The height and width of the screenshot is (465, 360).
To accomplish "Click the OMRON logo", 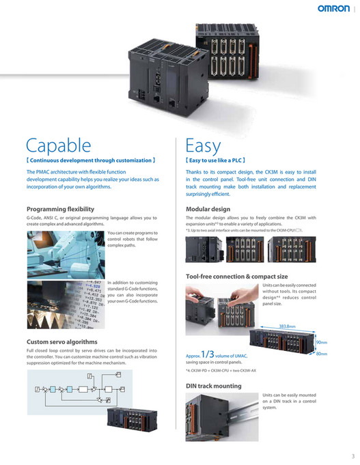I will point(335,10).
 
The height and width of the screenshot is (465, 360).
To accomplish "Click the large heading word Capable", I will point(57,145).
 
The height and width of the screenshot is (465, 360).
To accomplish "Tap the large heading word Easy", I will point(204,145).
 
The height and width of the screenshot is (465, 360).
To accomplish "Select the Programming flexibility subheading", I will point(60,208).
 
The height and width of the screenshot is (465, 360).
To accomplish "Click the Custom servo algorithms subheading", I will point(61,341).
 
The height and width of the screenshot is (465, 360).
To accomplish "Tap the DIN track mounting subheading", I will point(214,386).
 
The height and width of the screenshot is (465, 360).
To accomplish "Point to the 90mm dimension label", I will point(321,342).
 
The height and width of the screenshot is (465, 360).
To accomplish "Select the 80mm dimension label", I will point(321,354).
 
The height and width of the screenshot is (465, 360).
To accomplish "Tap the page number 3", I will point(352,455).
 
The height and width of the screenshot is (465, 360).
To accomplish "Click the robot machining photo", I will point(66,253).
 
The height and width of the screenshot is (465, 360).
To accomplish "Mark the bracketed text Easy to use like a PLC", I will point(216,160).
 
